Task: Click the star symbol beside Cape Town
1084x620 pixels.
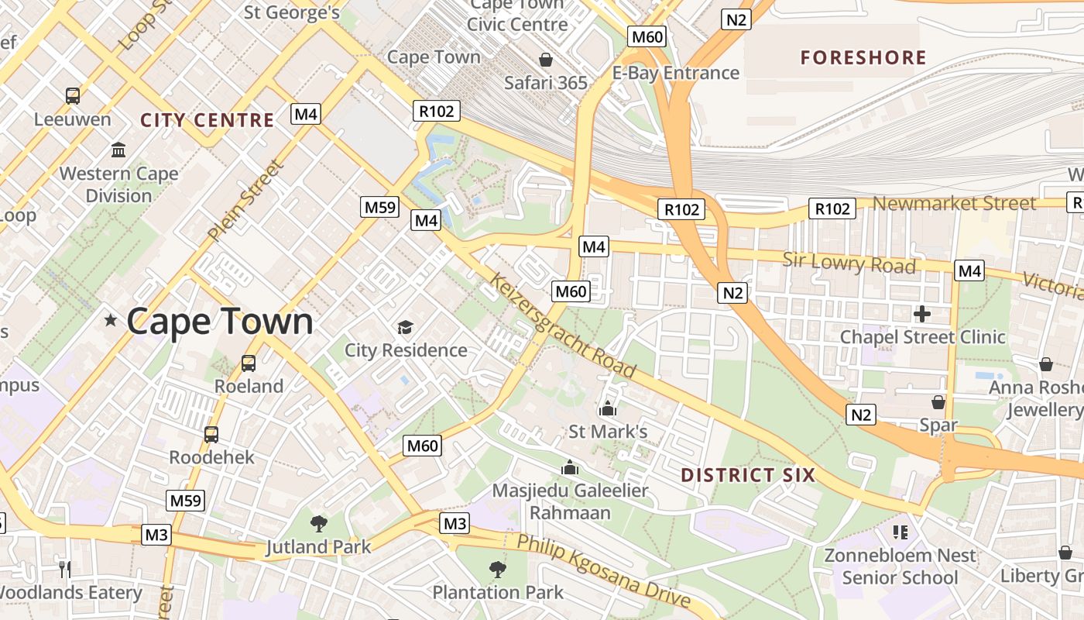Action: (x=111, y=320)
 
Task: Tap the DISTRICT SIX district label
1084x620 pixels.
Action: (x=748, y=475)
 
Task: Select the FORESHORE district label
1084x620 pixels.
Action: (x=863, y=58)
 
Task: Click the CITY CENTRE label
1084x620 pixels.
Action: (x=208, y=120)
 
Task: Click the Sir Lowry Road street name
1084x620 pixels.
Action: (x=849, y=263)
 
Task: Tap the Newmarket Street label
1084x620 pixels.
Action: (x=955, y=204)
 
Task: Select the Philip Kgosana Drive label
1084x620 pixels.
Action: (x=603, y=570)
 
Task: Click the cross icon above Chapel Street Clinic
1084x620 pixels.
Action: (x=921, y=314)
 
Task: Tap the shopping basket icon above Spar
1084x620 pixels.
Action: (x=938, y=402)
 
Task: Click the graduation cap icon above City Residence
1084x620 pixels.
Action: (x=406, y=327)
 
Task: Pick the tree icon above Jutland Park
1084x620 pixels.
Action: (x=318, y=524)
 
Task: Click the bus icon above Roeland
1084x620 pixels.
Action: (x=249, y=363)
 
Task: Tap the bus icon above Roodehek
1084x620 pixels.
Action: (x=211, y=435)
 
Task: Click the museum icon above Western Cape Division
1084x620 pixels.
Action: (x=119, y=150)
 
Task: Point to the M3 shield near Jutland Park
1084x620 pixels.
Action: (x=156, y=535)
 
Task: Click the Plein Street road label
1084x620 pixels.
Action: (x=244, y=200)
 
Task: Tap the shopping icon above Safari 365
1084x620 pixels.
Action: (x=546, y=60)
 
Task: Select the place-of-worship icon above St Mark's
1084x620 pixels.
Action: (x=608, y=408)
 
